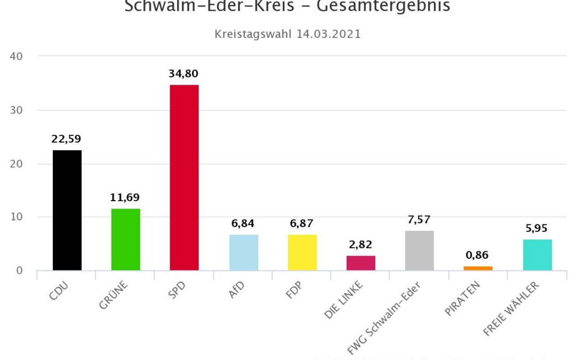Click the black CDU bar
coord(67,210)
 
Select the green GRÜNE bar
coord(126,239)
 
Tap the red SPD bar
coord(184,178)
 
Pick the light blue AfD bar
coord(244,252)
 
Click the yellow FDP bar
coord(302,252)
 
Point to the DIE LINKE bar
coord(361,263)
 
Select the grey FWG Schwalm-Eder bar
coord(420,251)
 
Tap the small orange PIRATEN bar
coord(478,268)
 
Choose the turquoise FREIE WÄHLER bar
coord(538,255)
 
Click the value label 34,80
coord(183,74)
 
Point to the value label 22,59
coord(66,139)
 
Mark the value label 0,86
coord(477,255)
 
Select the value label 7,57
coord(419,220)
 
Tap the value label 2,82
coord(361,245)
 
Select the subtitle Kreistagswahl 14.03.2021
coord(287,34)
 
